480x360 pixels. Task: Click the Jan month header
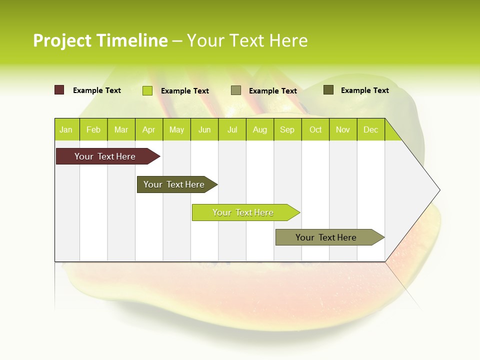tap(66, 129)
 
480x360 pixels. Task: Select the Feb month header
tap(93, 129)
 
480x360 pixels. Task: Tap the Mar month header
tap(121, 129)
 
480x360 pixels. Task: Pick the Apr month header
tap(149, 129)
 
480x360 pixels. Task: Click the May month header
tap(176, 129)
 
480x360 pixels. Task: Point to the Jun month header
tap(204, 129)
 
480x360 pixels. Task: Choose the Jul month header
tap(232, 129)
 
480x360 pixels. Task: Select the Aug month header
tap(260, 129)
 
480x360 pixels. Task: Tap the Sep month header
tap(287, 129)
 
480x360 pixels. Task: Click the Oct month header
tap(315, 129)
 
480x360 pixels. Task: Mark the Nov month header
tap(343, 129)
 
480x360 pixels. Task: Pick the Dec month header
tap(371, 129)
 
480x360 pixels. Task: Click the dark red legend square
tap(59, 90)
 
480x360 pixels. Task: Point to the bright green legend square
tap(147, 90)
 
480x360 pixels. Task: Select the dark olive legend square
tap(328, 90)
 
